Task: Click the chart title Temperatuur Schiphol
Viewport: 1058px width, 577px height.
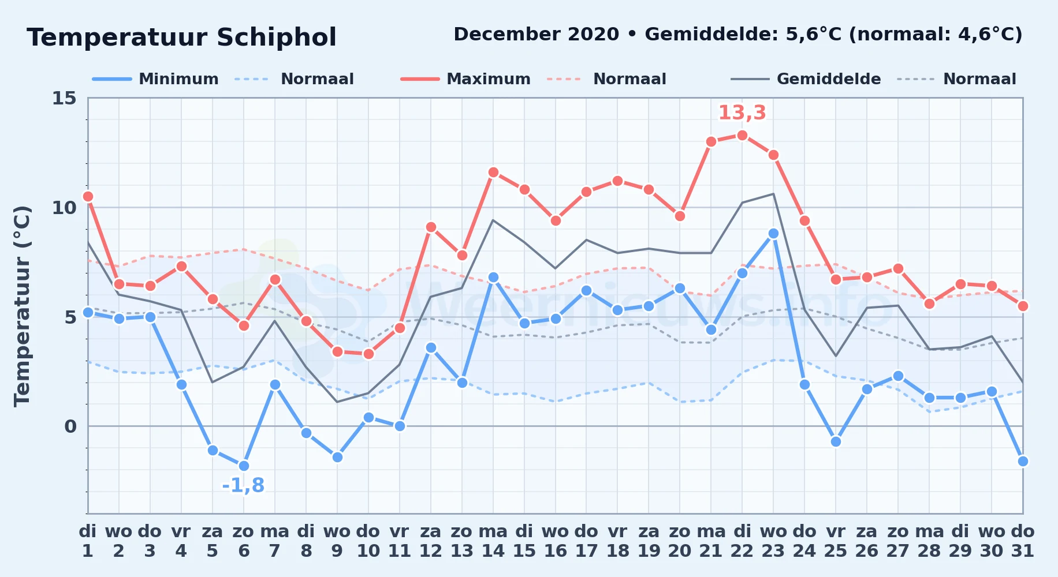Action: coord(181,38)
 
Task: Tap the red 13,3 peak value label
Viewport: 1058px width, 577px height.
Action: coord(742,113)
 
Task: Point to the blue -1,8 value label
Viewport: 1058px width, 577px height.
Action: coord(243,485)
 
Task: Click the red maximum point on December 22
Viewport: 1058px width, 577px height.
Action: coord(742,136)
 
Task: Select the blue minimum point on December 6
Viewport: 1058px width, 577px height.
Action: coord(244,466)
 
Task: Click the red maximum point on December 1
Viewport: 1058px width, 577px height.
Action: coord(88,197)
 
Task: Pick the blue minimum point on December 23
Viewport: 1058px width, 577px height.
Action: coord(773,234)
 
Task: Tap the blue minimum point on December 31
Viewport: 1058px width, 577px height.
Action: coord(1023,462)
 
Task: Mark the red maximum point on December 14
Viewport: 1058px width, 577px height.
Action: coord(493,173)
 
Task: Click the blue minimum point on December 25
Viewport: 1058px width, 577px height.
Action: coord(836,442)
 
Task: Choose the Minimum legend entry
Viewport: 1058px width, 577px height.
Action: coord(155,79)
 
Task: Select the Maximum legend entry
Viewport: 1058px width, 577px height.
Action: coord(465,79)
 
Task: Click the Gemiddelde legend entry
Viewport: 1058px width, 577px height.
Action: coord(806,79)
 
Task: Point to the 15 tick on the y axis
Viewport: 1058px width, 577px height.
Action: coord(64,98)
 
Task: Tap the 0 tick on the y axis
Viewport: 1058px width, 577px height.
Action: coord(70,426)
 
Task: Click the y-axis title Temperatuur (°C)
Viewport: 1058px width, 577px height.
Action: coord(22,306)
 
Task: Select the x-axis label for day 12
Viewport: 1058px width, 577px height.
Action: coord(431,541)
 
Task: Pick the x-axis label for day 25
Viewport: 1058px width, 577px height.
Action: coord(836,541)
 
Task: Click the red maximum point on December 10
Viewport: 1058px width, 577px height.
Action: coord(368,354)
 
